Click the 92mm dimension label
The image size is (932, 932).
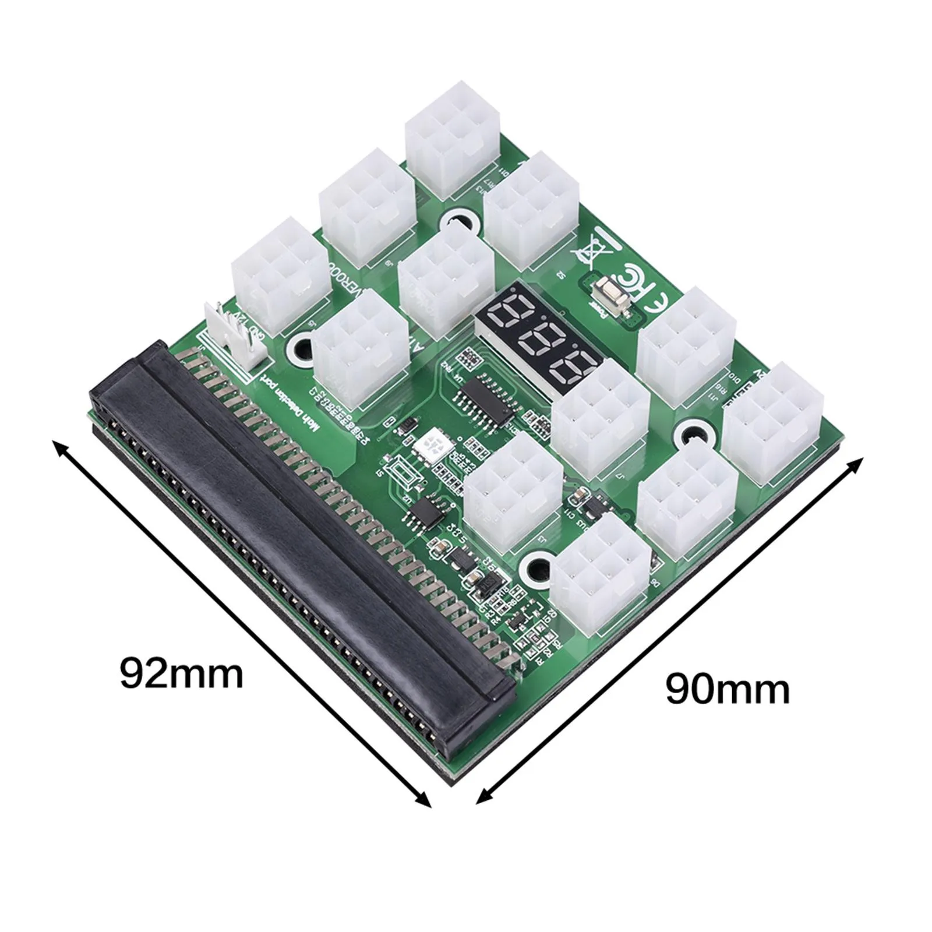(181, 674)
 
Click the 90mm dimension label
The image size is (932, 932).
(728, 690)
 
